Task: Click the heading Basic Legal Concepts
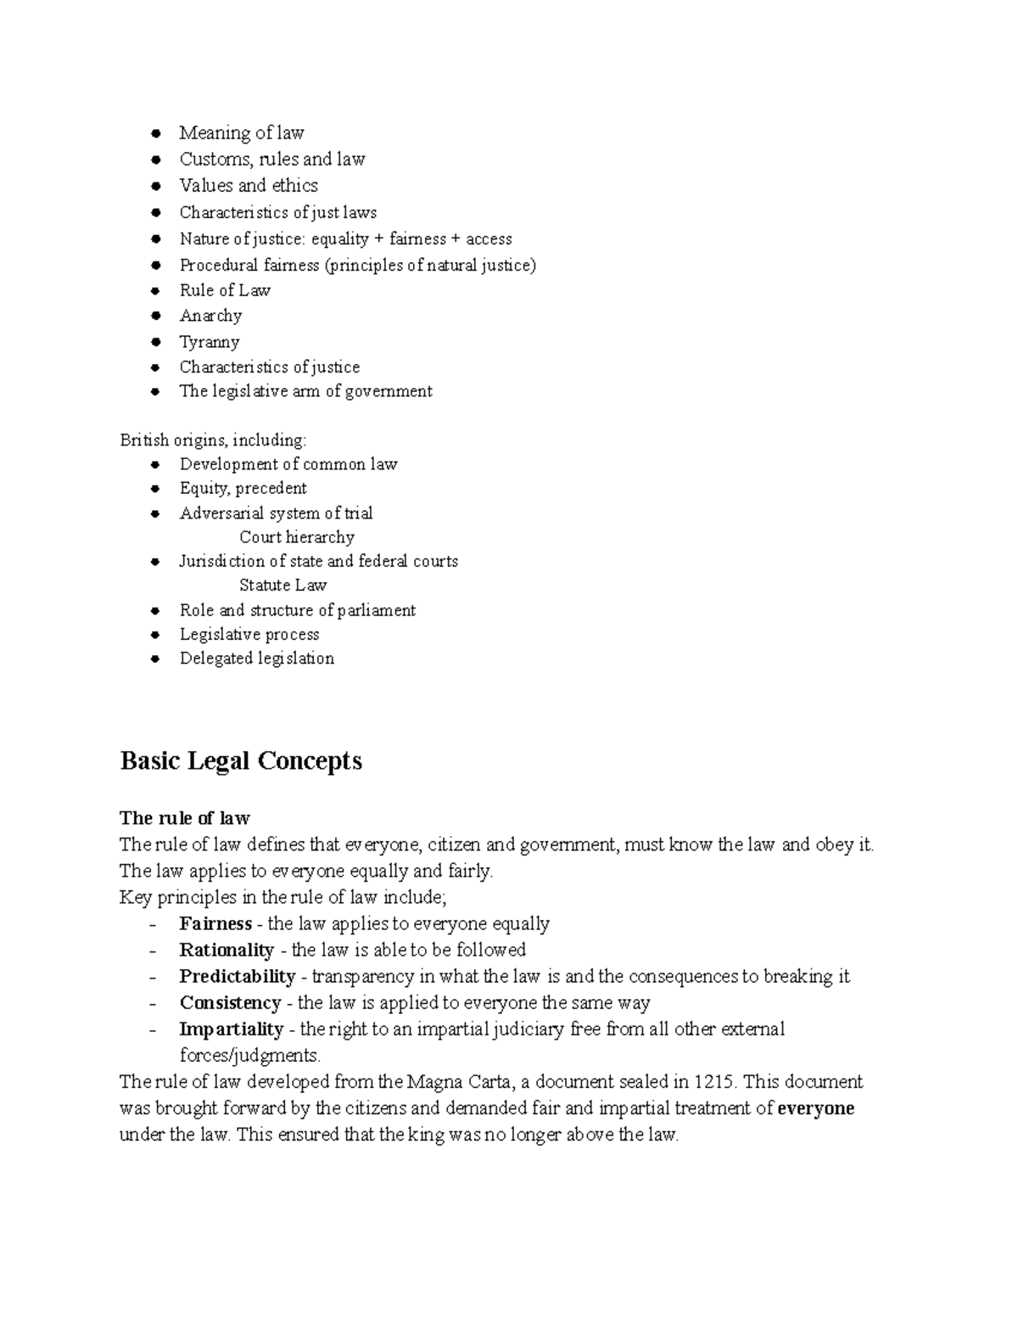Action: click(241, 760)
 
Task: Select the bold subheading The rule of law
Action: click(185, 818)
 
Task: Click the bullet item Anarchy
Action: click(210, 316)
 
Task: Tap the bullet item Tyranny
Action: click(209, 342)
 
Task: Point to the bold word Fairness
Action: click(215, 923)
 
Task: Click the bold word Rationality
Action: click(227, 950)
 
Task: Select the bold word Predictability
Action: click(237, 976)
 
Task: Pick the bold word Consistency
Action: click(230, 1002)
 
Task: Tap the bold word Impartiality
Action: click(231, 1029)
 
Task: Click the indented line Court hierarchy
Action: click(296, 537)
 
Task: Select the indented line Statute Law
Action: click(282, 585)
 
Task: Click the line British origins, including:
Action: click(213, 440)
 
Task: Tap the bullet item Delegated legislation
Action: click(256, 659)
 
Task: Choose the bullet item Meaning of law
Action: click(241, 132)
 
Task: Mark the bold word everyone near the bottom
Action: click(815, 1108)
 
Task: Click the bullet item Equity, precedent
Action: click(243, 488)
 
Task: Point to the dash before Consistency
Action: click(153, 1003)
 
